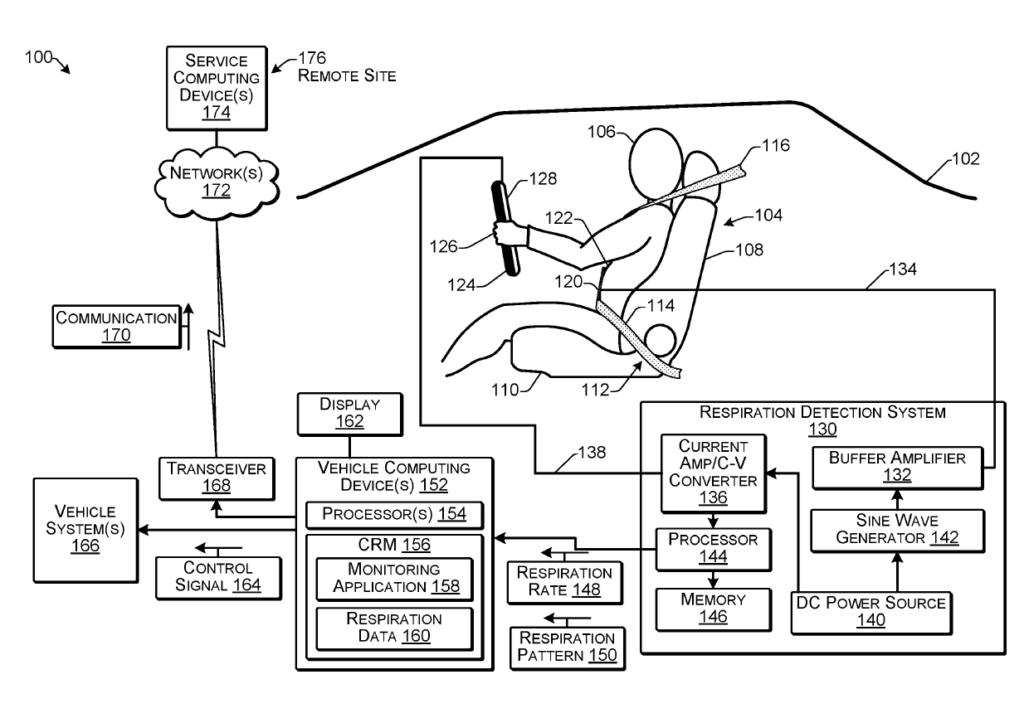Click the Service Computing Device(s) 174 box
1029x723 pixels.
217,88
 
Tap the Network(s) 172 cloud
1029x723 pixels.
217,182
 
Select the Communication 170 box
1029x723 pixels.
117,327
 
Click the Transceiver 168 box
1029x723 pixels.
217,478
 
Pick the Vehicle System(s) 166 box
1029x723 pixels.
85,530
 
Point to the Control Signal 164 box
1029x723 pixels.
219,578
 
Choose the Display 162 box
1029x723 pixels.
350,414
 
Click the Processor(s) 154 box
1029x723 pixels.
395,515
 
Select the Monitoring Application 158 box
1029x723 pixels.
395,580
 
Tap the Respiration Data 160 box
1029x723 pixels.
395,629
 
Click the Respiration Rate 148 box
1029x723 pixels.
565,583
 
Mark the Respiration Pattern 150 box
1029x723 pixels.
568,648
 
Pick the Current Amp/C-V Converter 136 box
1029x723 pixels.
714,473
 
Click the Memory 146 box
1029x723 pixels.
714,609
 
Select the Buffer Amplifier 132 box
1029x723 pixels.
898,468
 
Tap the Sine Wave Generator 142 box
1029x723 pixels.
898,531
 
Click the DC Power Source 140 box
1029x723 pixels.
871,614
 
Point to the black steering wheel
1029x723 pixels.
505,228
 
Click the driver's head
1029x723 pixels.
656,164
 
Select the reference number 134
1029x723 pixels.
903,269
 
